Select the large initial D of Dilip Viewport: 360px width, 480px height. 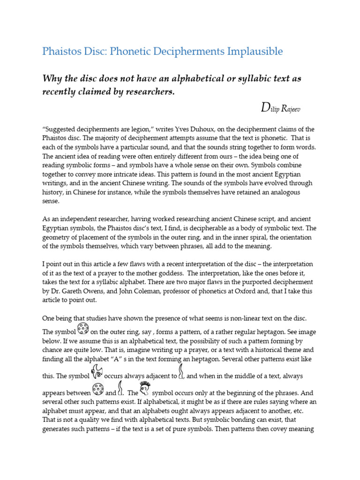coord(265,108)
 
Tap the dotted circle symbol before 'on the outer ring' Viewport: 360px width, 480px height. coord(82,329)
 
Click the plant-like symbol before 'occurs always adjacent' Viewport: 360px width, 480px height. coord(97,372)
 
